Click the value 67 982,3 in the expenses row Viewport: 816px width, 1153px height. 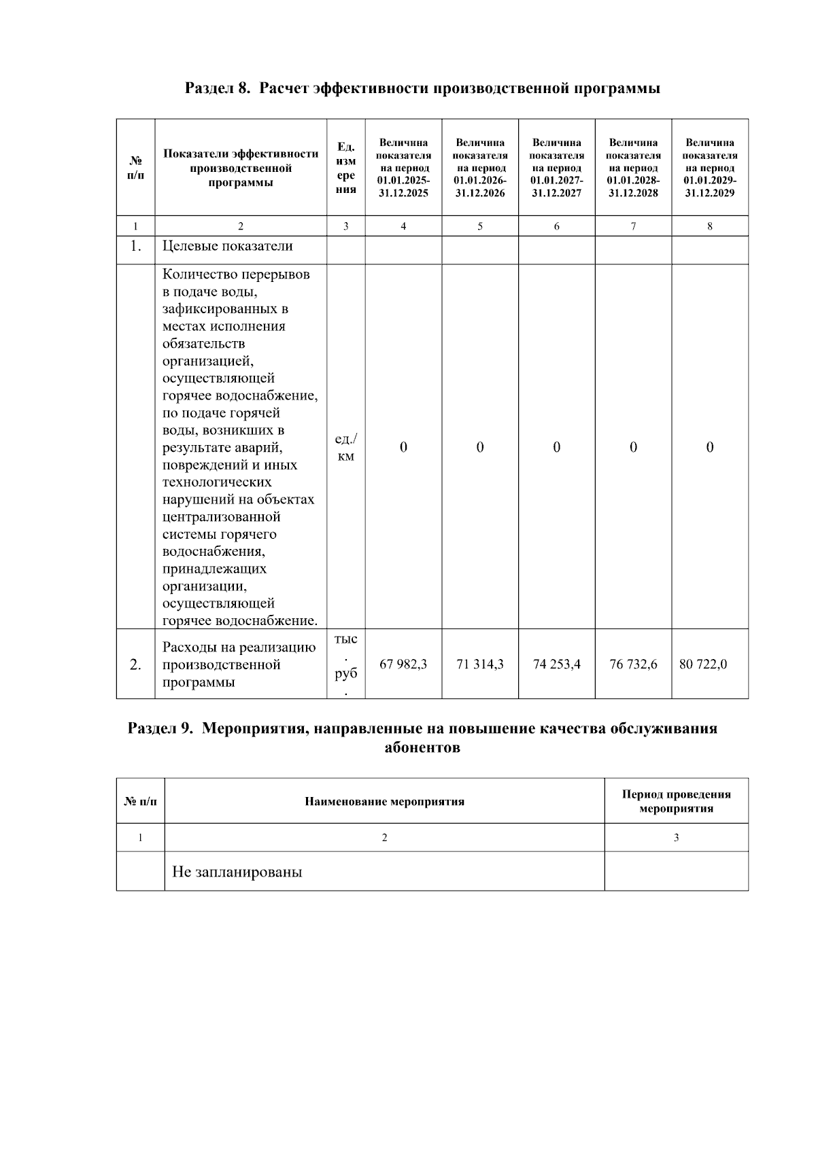pos(403,664)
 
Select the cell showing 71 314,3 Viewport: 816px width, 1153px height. pos(480,664)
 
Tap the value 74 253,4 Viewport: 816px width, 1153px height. pos(556,664)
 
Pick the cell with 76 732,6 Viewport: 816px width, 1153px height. pos(633,664)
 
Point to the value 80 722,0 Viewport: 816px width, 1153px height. pos(703,664)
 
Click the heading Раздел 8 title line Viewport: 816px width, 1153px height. pos(422,88)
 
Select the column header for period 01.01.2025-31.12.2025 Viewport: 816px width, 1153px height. pos(403,168)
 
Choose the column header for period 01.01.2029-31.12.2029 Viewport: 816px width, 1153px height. pos(710,168)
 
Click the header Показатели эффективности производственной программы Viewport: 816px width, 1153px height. pos(241,168)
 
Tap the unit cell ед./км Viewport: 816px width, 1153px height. pos(345,447)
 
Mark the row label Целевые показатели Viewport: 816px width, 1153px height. pos(227,246)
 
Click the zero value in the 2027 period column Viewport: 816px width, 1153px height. pos(556,447)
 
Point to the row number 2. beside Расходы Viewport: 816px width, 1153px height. pos(135,664)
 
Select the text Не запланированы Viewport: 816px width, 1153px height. pos(237,872)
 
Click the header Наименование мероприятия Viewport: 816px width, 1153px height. pos(384,801)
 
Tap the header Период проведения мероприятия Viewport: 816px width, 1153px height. pos(676,801)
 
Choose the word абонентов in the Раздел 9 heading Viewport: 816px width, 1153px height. pos(422,748)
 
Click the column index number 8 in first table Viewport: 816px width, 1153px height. pos(710,226)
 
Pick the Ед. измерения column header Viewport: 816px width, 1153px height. pos(345,168)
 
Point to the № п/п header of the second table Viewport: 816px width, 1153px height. pos(140,801)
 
